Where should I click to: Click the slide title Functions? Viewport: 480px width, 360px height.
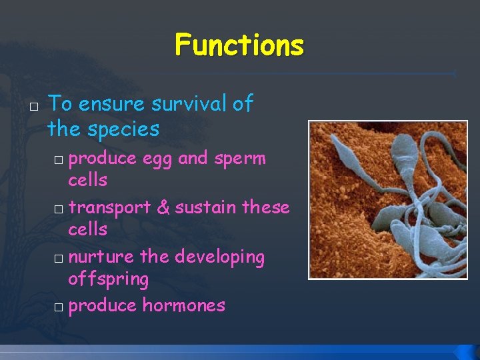[239, 46]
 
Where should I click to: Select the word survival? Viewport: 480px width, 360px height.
[189, 104]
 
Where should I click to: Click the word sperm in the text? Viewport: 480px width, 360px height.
[239, 159]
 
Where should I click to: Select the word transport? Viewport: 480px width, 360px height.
[109, 207]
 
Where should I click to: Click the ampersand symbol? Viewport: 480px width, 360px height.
[163, 207]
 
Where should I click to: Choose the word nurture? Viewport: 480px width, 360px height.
[101, 257]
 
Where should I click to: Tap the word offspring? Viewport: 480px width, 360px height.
[108, 279]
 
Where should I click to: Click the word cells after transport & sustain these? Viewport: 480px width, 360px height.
[87, 229]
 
